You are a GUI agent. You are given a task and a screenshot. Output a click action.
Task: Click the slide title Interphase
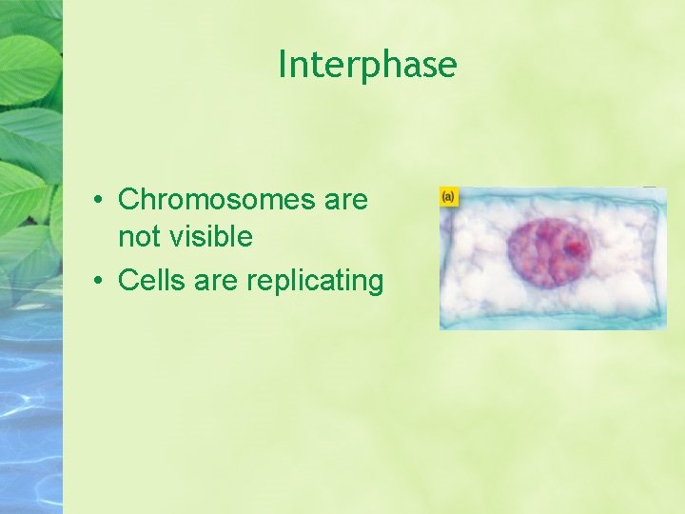pyautogui.click(x=367, y=65)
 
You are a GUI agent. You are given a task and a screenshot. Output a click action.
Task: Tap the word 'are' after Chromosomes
pyautogui.click(x=345, y=200)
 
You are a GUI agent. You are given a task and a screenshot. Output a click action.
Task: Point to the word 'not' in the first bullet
pyautogui.click(x=139, y=236)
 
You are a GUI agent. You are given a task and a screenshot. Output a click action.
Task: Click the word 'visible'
pyautogui.click(x=210, y=236)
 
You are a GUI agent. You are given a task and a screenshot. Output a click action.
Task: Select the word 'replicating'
pyautogui.click(x=315, y=282)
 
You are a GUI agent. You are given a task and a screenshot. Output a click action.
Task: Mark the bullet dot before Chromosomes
pyautogui.click(x=98, y=201)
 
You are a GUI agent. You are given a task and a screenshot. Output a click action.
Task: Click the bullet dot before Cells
pyautogui.click(x=98, y=282)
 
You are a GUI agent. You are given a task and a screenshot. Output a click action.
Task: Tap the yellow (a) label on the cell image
pyautogui.click(x=448, y=196)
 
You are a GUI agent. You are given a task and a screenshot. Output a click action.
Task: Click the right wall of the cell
pyautogui.click(x=661, y=257)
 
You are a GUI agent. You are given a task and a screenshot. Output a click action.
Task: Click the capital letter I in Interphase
pyautogui.click(x=283, y=64)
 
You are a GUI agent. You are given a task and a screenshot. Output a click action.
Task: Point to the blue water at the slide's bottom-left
pyautogui.click(x=29, y=438)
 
